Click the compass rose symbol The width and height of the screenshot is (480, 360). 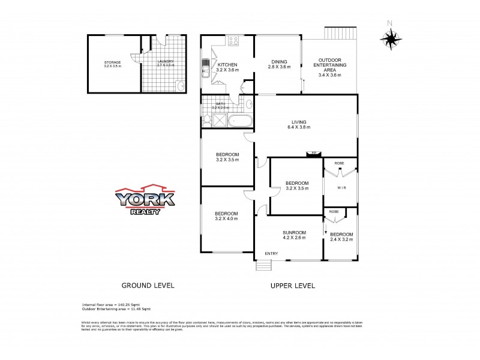[x=391, y=38]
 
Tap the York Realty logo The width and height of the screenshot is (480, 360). [x=145, y=201]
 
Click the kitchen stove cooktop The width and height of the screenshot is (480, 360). [x=233, y=41]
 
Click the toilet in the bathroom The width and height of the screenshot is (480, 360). [x=207, y=120]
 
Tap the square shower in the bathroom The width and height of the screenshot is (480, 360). [x=220, y=120]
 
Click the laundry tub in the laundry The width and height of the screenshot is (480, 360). [x=181, y=86]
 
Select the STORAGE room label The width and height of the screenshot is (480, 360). [x=112, y=62]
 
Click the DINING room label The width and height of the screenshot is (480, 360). [x=279, y=61]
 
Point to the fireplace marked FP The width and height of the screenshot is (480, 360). [x=311, y=154]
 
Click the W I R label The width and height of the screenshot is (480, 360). [x=340, y=188]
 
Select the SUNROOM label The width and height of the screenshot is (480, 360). [x=295, y=232]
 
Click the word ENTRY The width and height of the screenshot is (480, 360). [x=271, y=253]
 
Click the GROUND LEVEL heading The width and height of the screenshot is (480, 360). [x=148, y=286]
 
